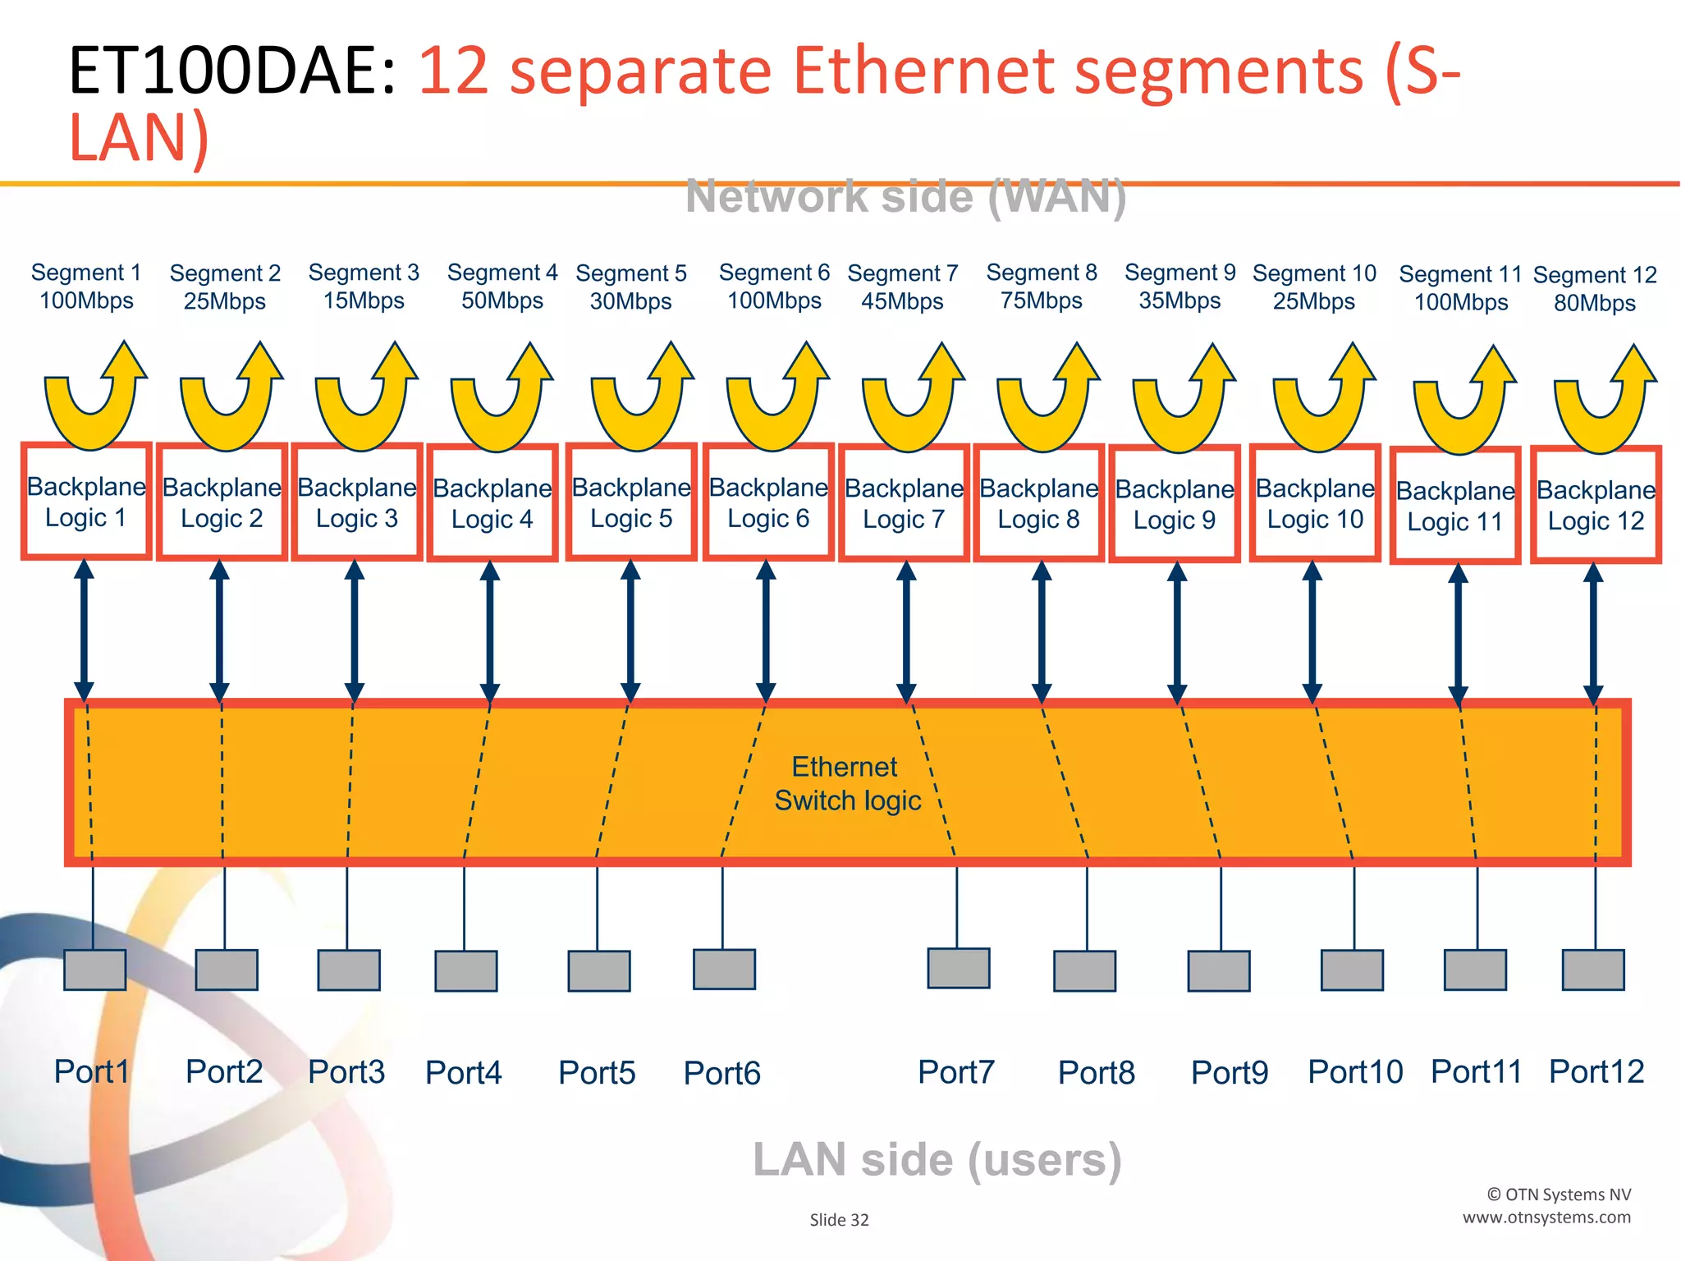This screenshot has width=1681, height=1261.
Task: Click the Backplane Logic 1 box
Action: pyautogui.click(x=86, y=502)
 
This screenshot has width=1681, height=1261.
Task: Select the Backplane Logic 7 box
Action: pyautogui.click(x=904, y=503)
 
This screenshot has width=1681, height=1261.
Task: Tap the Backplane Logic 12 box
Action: pyautogui.click(x=1596, y=505)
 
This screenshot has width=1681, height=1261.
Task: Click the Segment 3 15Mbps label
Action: pyautogui.click(x=364, y=287)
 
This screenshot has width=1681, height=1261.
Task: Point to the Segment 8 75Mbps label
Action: pyautogui.click(x=1042, y=287)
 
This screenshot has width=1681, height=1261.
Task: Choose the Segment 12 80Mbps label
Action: pyautogui.click(x=1595, y=289)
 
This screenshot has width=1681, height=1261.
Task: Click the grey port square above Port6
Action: pyautogui.click(x=724, y=970)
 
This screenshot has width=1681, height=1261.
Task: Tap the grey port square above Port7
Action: pyautogui.click(x=958, y=969)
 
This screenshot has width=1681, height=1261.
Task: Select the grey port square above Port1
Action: pyautogui.click(x=94, y=970)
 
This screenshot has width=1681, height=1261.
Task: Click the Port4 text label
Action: pyautogui.click(x=463, y=1073)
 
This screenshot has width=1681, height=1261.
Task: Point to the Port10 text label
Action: pyautogui.click(x=1355, y=1071)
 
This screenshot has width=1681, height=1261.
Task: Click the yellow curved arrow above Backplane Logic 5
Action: pyautogui.click(x=641, y=398)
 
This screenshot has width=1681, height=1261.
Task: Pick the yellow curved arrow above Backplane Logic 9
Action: pyautogui.click(x=1182, y=400)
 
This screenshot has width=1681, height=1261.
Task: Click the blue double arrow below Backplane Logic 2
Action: pyautogui.click(x=219, y=630)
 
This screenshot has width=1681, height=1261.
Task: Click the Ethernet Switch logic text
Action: pyautogui.click(x=847, y=783)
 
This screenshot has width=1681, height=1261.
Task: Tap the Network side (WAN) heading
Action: pyautogui.click(x=905, y=197)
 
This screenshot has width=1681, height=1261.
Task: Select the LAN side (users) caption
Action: pyautogui.click(x=937, y=1159)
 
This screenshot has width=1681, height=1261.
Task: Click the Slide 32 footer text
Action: pyautogui.click(x=839, y=1220)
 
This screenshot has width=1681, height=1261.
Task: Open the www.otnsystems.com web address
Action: pyautogui.click(x=1546, y=1217)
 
